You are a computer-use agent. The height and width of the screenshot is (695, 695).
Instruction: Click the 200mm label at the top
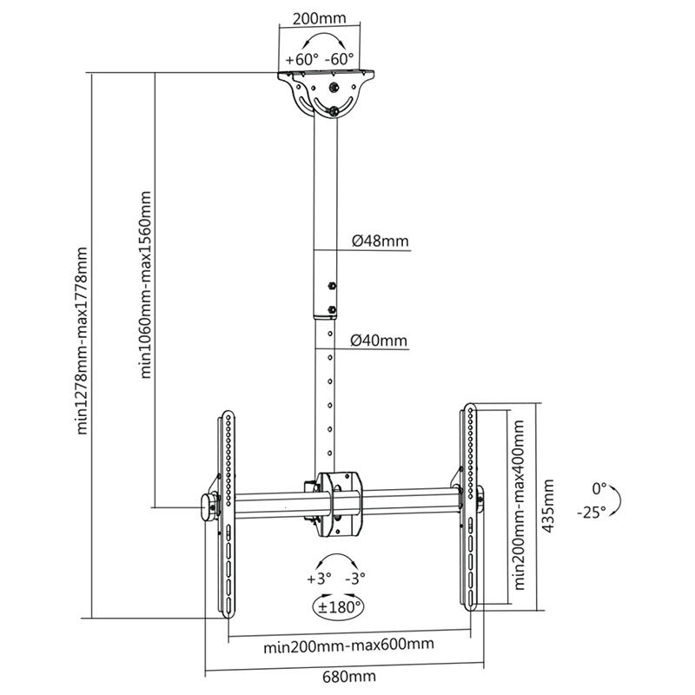click(317, 17)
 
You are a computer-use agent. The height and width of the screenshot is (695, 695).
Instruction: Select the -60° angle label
click(340, 60)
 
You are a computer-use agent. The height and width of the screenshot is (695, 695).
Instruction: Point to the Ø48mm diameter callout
click(380, 242)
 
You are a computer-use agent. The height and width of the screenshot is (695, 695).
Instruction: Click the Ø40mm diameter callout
click(380, 341)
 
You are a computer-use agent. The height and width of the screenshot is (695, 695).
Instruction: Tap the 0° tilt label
click(598, 487)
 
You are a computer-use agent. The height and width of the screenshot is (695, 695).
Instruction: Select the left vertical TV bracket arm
click(225, 513)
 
